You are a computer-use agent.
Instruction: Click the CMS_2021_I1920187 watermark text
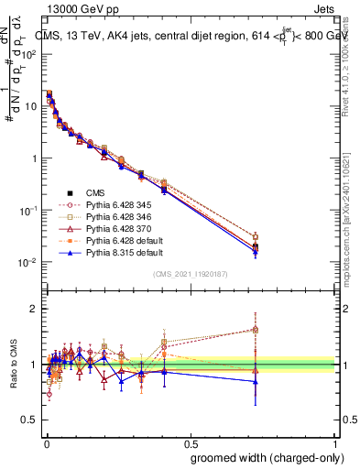coord(191,274)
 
